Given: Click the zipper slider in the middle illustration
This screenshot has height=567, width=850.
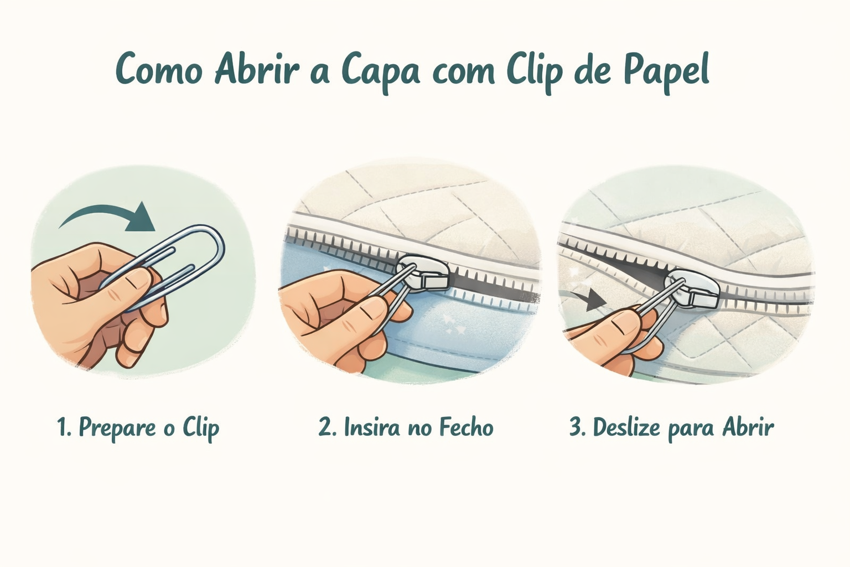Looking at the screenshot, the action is coord(423,273).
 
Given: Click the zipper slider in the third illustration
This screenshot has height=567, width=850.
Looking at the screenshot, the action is coord(693,288).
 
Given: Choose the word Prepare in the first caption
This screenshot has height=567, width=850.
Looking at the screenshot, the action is coord(117,429).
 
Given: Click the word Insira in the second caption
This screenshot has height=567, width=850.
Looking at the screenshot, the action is coord(372,427).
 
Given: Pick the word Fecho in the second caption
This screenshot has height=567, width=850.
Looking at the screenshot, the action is coord(467,427).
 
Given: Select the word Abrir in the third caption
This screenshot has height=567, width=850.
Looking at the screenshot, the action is coord(748,427).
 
